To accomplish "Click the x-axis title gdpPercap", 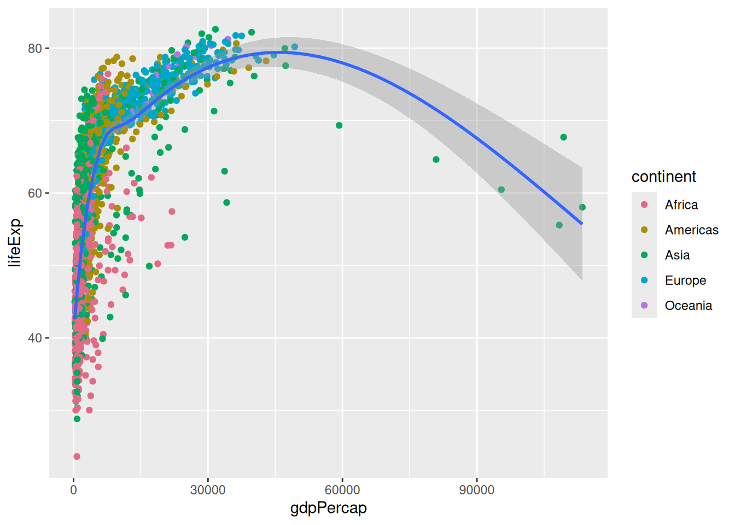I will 328,508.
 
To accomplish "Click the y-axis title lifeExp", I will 15,242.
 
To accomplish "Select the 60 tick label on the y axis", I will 35,194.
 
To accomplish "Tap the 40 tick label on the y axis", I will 35,338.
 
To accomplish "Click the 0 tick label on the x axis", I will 74,490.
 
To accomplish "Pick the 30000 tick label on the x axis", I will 208,490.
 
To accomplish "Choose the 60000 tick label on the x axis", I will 342,490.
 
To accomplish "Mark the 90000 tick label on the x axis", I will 476,490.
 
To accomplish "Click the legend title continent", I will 663,177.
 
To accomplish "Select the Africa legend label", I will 681,205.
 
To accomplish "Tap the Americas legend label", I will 691,230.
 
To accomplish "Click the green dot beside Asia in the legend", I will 644,255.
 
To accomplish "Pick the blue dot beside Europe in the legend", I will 644,280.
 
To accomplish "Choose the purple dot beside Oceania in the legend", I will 644,305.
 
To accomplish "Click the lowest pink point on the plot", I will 77,457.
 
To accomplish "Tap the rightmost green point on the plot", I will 582,207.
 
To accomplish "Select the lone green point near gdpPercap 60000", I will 339,125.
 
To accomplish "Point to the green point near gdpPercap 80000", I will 436,160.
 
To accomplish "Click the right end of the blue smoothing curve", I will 582,224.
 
